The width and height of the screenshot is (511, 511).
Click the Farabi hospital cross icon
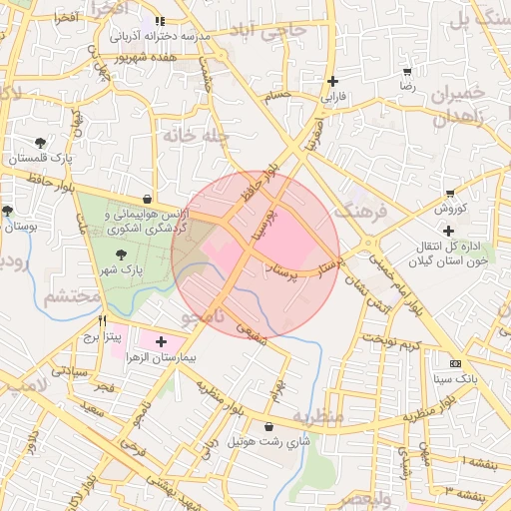coord(332,82)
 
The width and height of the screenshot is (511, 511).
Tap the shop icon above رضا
coord(407,72)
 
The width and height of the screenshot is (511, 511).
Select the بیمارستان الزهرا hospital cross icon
coord(162,341)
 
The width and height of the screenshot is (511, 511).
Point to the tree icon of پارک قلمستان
coord(40,143)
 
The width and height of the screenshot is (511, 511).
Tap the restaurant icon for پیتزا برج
coord(103,322)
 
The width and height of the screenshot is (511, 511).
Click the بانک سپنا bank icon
coord(456,363)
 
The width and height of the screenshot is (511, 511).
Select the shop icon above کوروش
coord(450,194)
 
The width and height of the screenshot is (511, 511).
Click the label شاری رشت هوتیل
coord(269,441)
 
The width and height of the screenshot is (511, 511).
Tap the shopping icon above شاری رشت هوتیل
coord(268,426)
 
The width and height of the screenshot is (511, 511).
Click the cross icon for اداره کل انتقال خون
coord(449,231)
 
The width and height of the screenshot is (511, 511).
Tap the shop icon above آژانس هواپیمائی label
coord(148,198)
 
